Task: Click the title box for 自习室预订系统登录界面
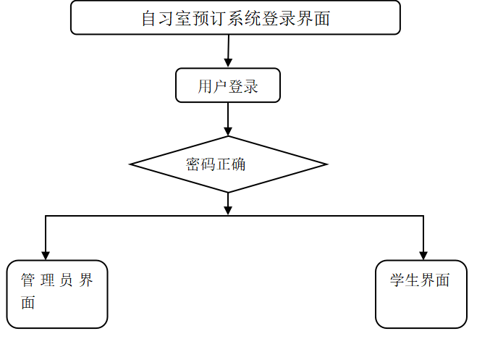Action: (235, 17)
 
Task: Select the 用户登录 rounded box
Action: (228, 85)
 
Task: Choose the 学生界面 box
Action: (421, 294)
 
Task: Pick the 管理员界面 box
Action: (57, 294)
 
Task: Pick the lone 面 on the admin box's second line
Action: (28, 303)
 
